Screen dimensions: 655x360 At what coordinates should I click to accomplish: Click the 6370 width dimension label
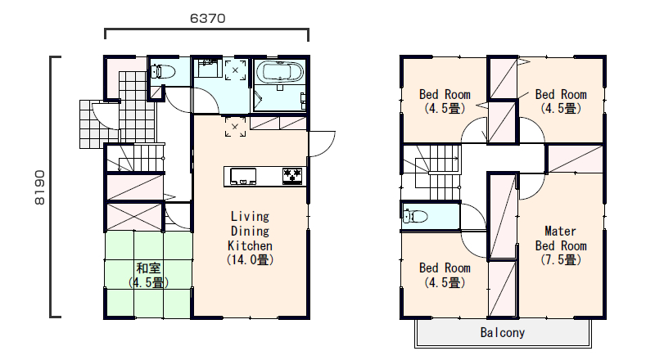tap(208, 18)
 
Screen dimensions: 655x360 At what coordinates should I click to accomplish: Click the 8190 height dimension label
tap(39, 187)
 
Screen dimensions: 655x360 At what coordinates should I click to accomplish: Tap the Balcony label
tap(503, 332)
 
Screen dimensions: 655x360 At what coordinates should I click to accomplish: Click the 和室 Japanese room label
tap(148, 268)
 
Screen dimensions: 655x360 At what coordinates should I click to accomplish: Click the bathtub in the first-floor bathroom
tap(278, 72)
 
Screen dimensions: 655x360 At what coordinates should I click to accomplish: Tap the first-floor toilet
tap(162, 71)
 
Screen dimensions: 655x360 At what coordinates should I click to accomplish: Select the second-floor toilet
tap(415, 216)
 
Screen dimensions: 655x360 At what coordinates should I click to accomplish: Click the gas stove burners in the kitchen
tap(292, 175)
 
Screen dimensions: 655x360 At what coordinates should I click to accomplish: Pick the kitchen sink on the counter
tap(242, 176)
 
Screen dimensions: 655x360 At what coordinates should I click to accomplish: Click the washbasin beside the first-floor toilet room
tap(210, 68)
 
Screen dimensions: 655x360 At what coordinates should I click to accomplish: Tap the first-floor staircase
tap(135, 157)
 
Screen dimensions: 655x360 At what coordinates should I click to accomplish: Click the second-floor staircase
tap(431, 172)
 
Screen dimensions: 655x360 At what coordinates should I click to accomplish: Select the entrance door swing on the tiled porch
tap(106, 115)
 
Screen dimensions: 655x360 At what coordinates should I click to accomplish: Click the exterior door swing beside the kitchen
tap(322, 144)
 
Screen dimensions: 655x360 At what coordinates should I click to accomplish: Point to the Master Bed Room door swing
tap(531, 187)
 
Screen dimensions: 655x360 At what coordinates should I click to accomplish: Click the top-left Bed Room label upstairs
tap(445, 94)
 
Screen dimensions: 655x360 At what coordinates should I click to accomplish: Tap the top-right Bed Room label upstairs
tap(561, 94)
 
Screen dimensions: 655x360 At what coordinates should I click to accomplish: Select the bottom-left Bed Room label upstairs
tap(445, 268)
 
